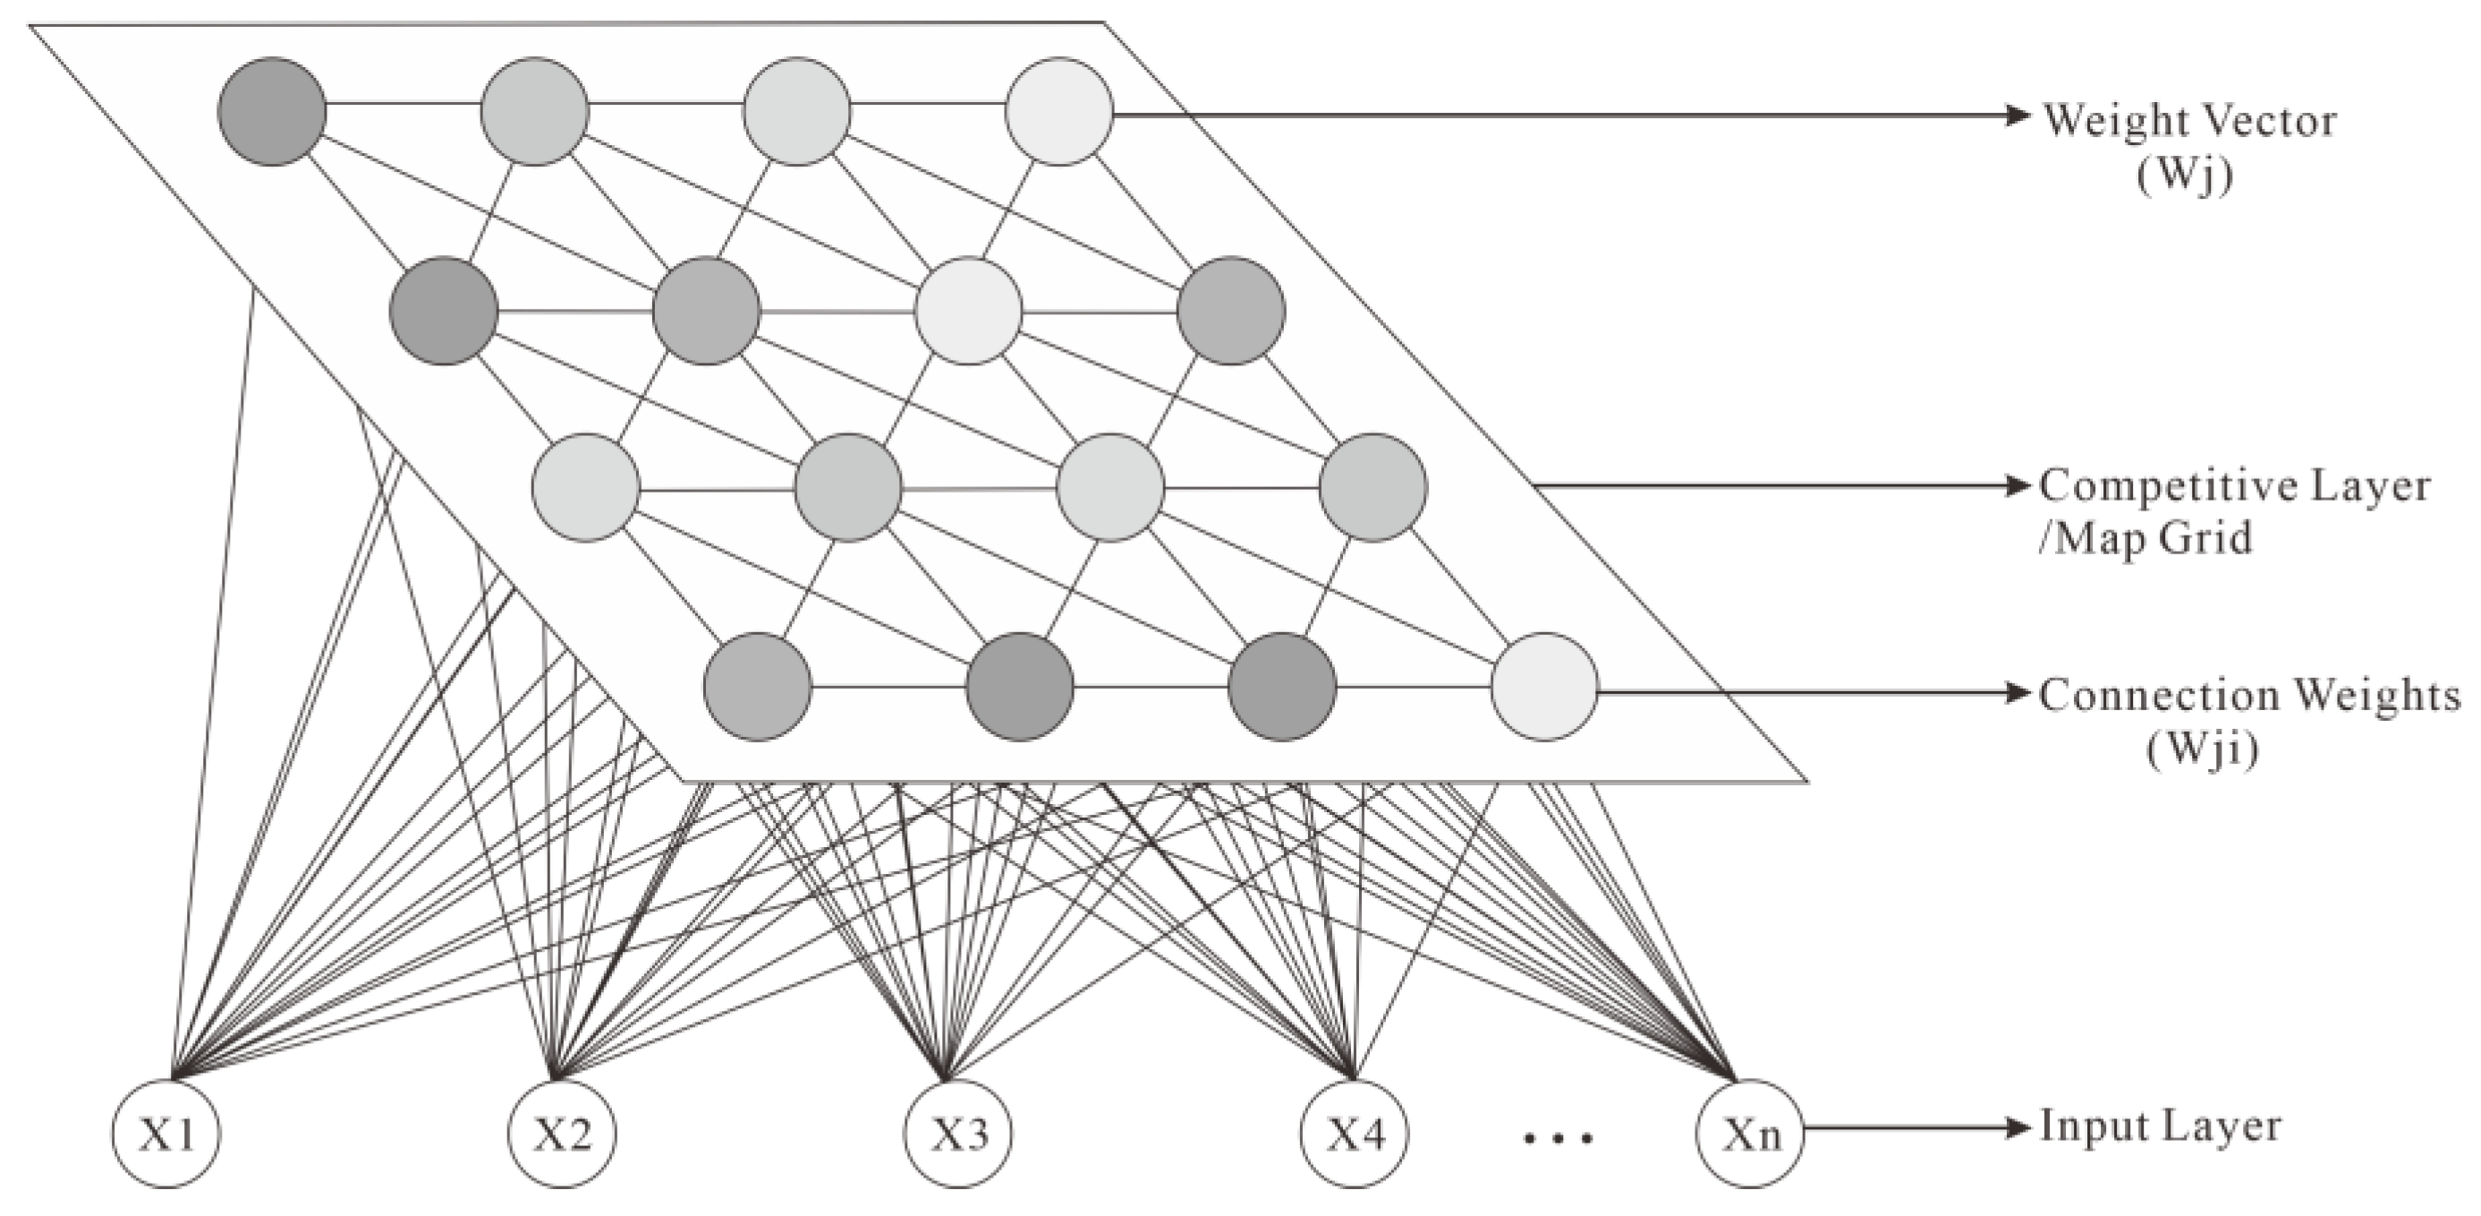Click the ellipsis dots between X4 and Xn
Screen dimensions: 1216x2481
click(x=1558, y=1138)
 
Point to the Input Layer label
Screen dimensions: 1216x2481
click(x=2161, y=1126)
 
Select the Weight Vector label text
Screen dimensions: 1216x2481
click(x=2189, y=121)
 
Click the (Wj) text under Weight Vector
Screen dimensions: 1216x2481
click(x=2184, y=176)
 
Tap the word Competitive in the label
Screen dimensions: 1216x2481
click(x=2162, y=486)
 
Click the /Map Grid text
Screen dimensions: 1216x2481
click(x=2145, y=536)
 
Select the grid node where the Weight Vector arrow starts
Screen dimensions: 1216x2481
click(x=1059, y=112)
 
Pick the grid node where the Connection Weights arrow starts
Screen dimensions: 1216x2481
click(x=1544, y=686)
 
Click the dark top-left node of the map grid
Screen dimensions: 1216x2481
click(x=273, y=112)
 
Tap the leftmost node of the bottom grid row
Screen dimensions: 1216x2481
click(x=757, y=686)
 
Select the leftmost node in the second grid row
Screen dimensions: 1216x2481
click(x=444, y=310)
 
